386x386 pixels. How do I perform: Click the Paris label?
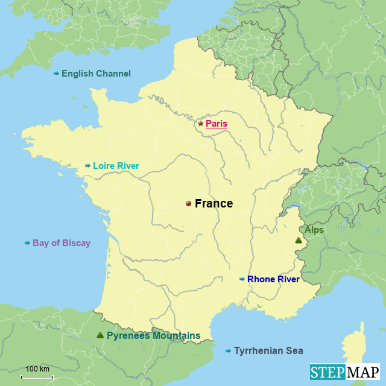coord(217,124)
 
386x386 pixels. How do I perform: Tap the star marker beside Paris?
coord(201,124)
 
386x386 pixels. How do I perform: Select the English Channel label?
coord(96,74)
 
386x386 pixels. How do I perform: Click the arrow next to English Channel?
coord(56,74)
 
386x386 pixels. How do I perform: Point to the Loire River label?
coord(116,166)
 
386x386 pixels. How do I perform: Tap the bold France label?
coord(214,204)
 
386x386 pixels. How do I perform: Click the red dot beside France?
coord(188,204)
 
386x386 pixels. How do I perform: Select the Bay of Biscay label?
coord(62,243)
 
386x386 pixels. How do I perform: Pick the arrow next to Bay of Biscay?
coord(27,243)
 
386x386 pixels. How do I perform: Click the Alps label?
coord(314,230)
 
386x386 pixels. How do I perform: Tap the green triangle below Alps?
coord(298,241)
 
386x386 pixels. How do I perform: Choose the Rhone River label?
coord(273,279)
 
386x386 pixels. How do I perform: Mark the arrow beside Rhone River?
coord(242,279)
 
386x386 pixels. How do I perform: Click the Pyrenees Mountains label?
coord(153,335)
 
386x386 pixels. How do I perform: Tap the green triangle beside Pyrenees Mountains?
coord(100,335)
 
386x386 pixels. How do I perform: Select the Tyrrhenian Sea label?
coord(268,350)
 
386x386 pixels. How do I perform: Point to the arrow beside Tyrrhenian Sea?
coord(228,350)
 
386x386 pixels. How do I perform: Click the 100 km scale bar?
coord(37,377)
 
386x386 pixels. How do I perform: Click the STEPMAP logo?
coord(344,372)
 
